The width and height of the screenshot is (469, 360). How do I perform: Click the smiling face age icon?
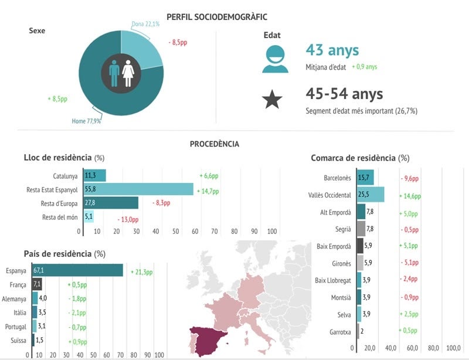(275, 58)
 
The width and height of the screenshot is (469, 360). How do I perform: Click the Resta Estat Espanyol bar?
(138, 189)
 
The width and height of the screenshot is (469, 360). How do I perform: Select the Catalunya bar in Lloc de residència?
(94, 175)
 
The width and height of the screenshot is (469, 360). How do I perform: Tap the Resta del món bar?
(89, 217)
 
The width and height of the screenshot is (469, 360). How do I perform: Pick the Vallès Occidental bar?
(371, 195)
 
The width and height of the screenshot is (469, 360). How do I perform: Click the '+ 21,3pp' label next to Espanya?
(141, 272)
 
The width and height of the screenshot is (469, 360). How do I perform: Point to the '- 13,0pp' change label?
(128, 219)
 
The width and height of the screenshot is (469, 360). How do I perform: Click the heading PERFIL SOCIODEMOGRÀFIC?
(217, 18)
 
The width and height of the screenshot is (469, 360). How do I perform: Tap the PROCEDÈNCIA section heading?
(215, 144)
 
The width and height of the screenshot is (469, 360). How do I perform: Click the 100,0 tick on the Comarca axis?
(453, 348)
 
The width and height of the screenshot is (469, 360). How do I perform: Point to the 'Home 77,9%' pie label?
(86, 121)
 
